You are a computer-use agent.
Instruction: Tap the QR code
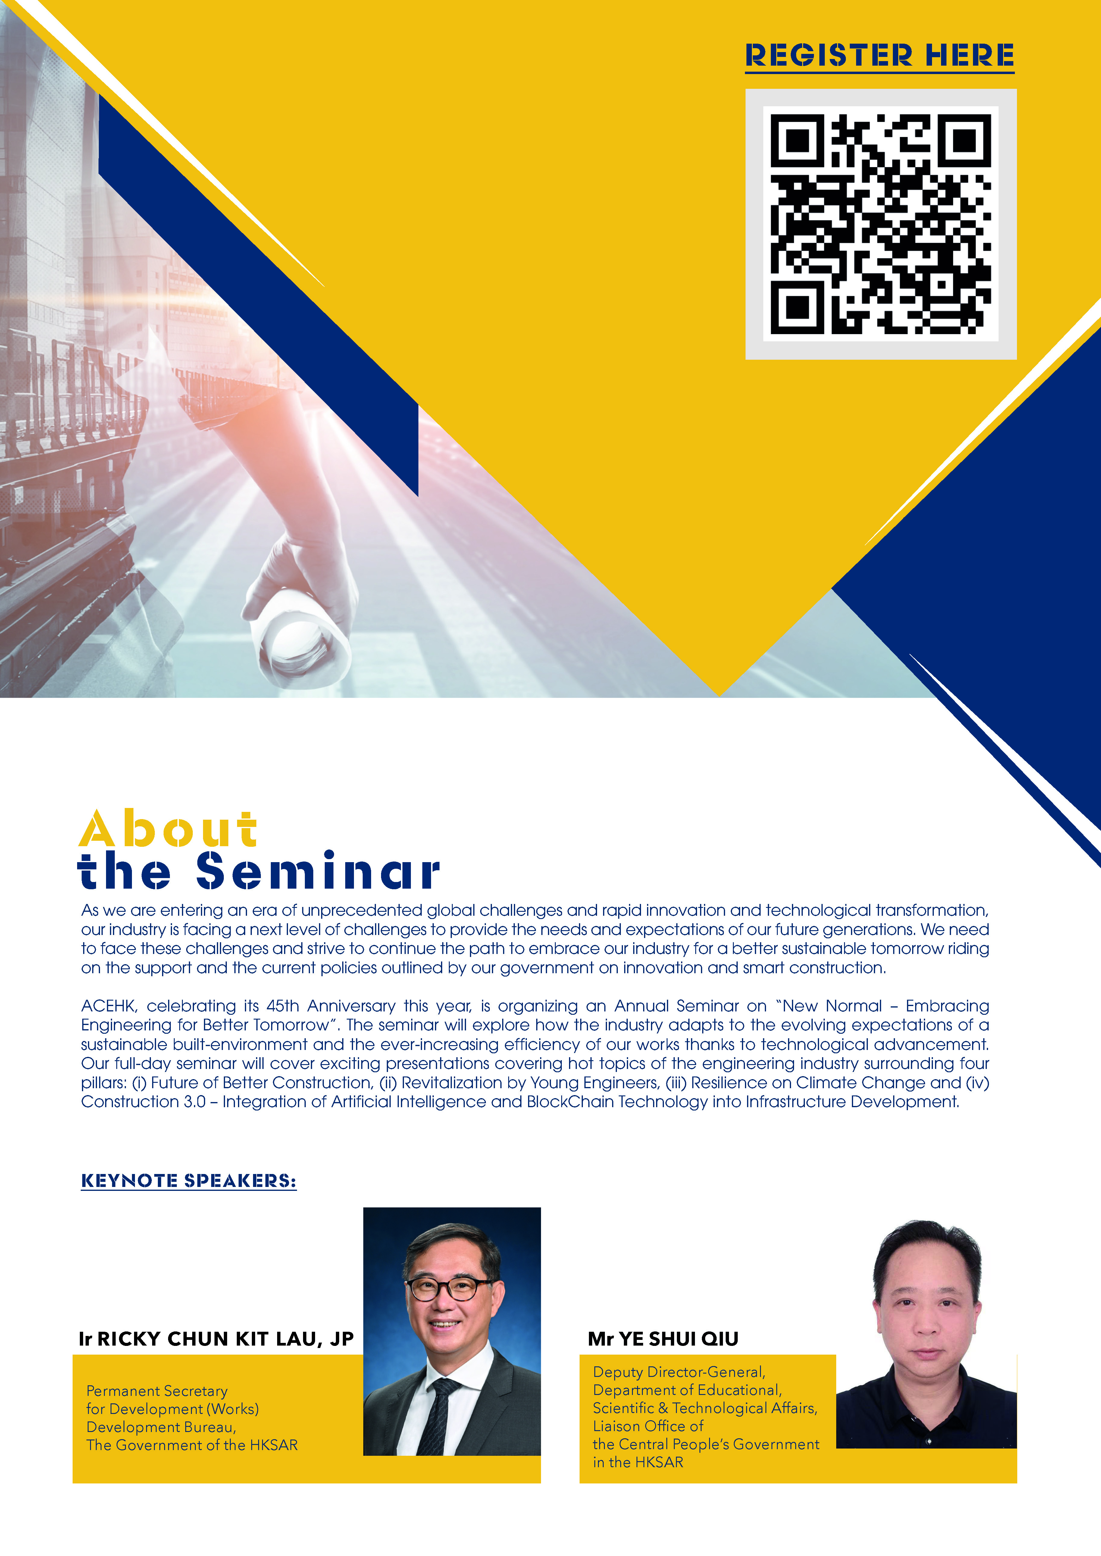pos(881,224)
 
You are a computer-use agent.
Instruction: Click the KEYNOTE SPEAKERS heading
pos(189,1181)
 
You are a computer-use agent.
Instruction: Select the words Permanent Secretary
pos(157,1391)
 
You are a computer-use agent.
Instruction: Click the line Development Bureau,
pos(161,1427)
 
